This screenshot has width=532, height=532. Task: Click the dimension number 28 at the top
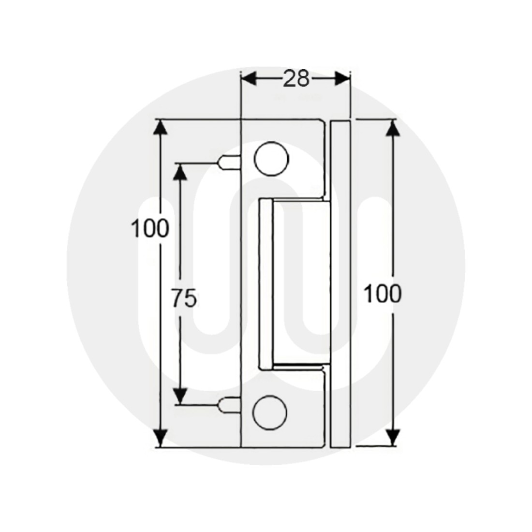click(x=296, y=78)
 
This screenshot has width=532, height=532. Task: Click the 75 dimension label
click(x=184, y=299)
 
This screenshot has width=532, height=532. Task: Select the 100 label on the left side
click(x=150, y=229)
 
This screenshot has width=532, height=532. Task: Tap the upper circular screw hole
click(x=271, y=159)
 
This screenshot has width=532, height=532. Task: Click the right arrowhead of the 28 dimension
click(x=342, y=78)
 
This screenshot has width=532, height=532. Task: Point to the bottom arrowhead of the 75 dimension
click(x=180, y=397)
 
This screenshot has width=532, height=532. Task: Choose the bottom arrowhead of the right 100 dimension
click(x=394, y=437)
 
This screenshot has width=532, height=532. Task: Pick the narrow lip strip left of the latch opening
click(x=266, y=283)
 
